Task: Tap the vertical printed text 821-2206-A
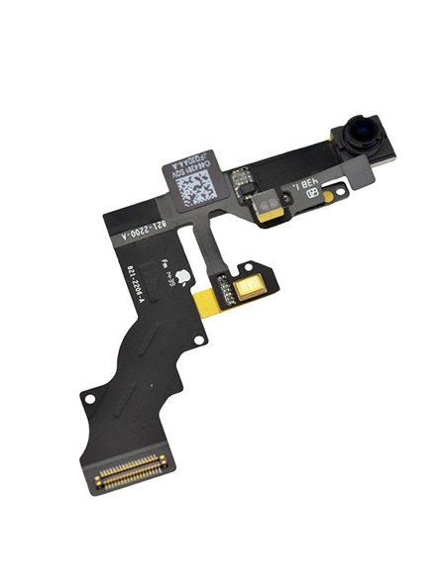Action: [x=130, y=288]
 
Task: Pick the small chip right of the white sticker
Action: [x=243, y=177]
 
